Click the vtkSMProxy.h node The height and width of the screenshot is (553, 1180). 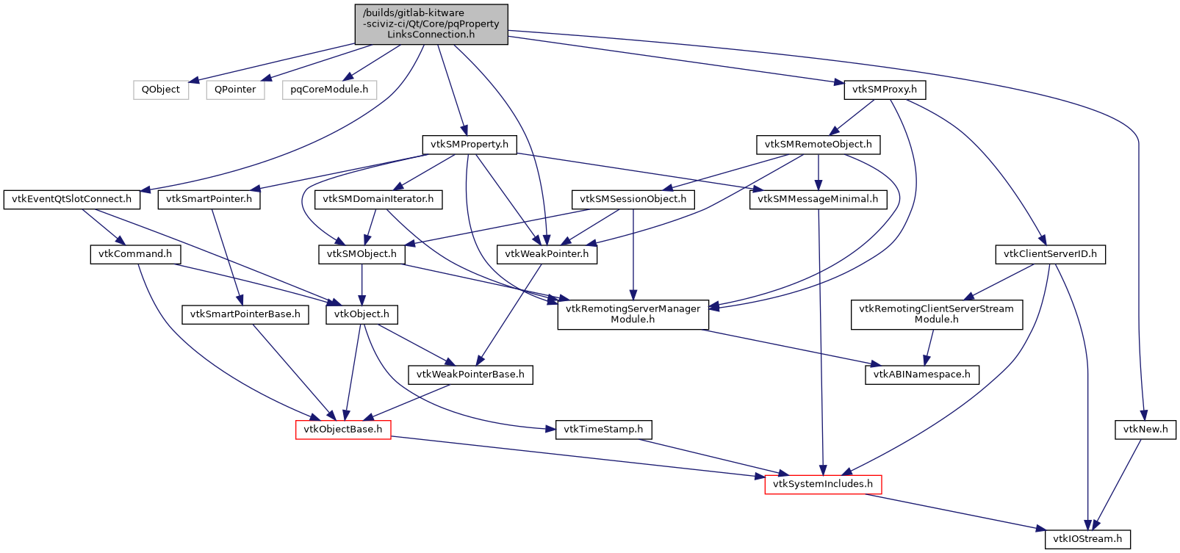[885, 90]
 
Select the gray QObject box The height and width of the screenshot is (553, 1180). [161, 90]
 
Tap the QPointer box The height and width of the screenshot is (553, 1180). [235, 90]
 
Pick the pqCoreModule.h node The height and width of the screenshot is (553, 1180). [329, 90]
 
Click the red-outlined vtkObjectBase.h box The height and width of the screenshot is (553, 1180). [343, 430]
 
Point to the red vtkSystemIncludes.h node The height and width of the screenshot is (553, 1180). [823, 484]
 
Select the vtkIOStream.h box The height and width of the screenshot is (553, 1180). [1087, 539]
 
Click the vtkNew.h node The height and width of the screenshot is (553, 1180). [1145, 430]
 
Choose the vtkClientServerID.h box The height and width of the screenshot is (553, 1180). [1050, 254]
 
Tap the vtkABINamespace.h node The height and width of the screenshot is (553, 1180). [921, 375]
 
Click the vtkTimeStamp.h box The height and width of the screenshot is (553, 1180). [603, 430]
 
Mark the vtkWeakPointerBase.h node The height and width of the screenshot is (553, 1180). [470, 375]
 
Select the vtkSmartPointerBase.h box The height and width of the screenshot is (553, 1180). [245, 314]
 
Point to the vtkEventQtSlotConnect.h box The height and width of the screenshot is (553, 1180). [72, 199]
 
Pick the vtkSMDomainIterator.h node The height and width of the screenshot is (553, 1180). [378, 199]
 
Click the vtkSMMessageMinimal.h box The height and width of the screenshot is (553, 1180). [818, 199]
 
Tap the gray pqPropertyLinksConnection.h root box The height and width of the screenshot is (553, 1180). [431, 24]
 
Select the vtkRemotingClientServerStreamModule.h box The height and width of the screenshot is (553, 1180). [936, 314]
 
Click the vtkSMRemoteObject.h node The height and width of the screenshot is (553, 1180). [818, 145]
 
